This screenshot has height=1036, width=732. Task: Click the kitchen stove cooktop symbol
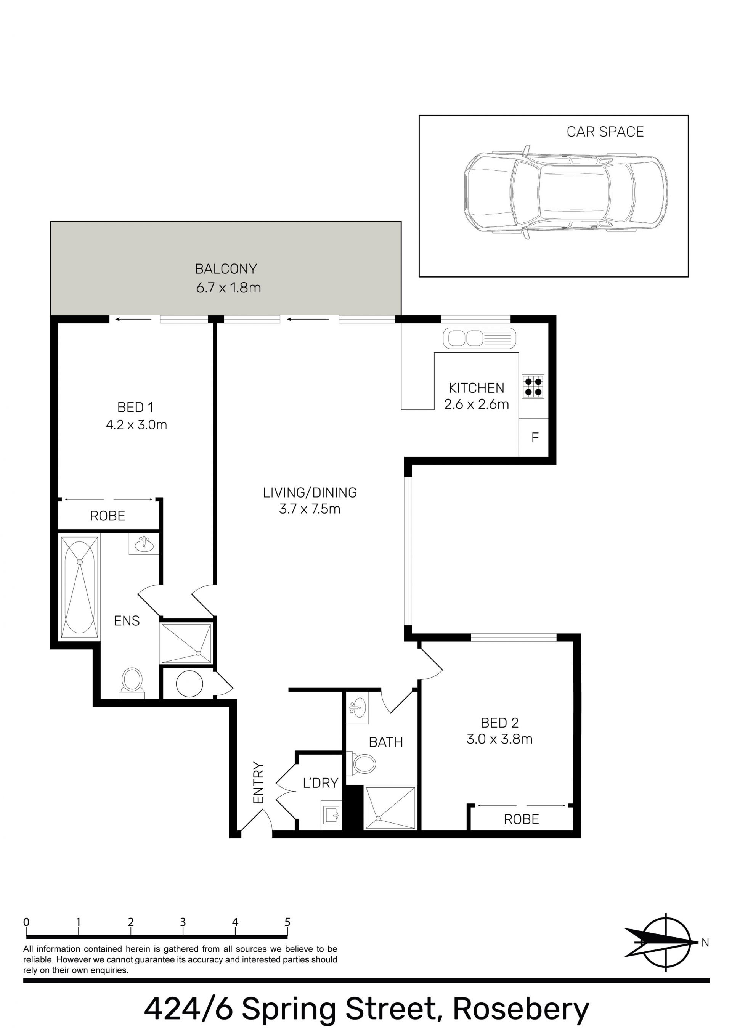[x=533, y=387]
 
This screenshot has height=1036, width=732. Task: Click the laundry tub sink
[x=332, y=815]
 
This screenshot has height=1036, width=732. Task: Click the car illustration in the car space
[x=566, y=192]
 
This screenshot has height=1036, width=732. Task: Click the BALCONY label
[x=226, y=269]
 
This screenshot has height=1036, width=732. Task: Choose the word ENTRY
[x=258, y=783]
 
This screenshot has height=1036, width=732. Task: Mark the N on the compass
[x=705, y=942]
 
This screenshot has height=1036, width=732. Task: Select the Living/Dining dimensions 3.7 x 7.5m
[x=310, y=509]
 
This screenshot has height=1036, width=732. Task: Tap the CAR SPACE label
[x=605, y=132]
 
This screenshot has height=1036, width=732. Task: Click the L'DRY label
[x=320, y=783]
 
